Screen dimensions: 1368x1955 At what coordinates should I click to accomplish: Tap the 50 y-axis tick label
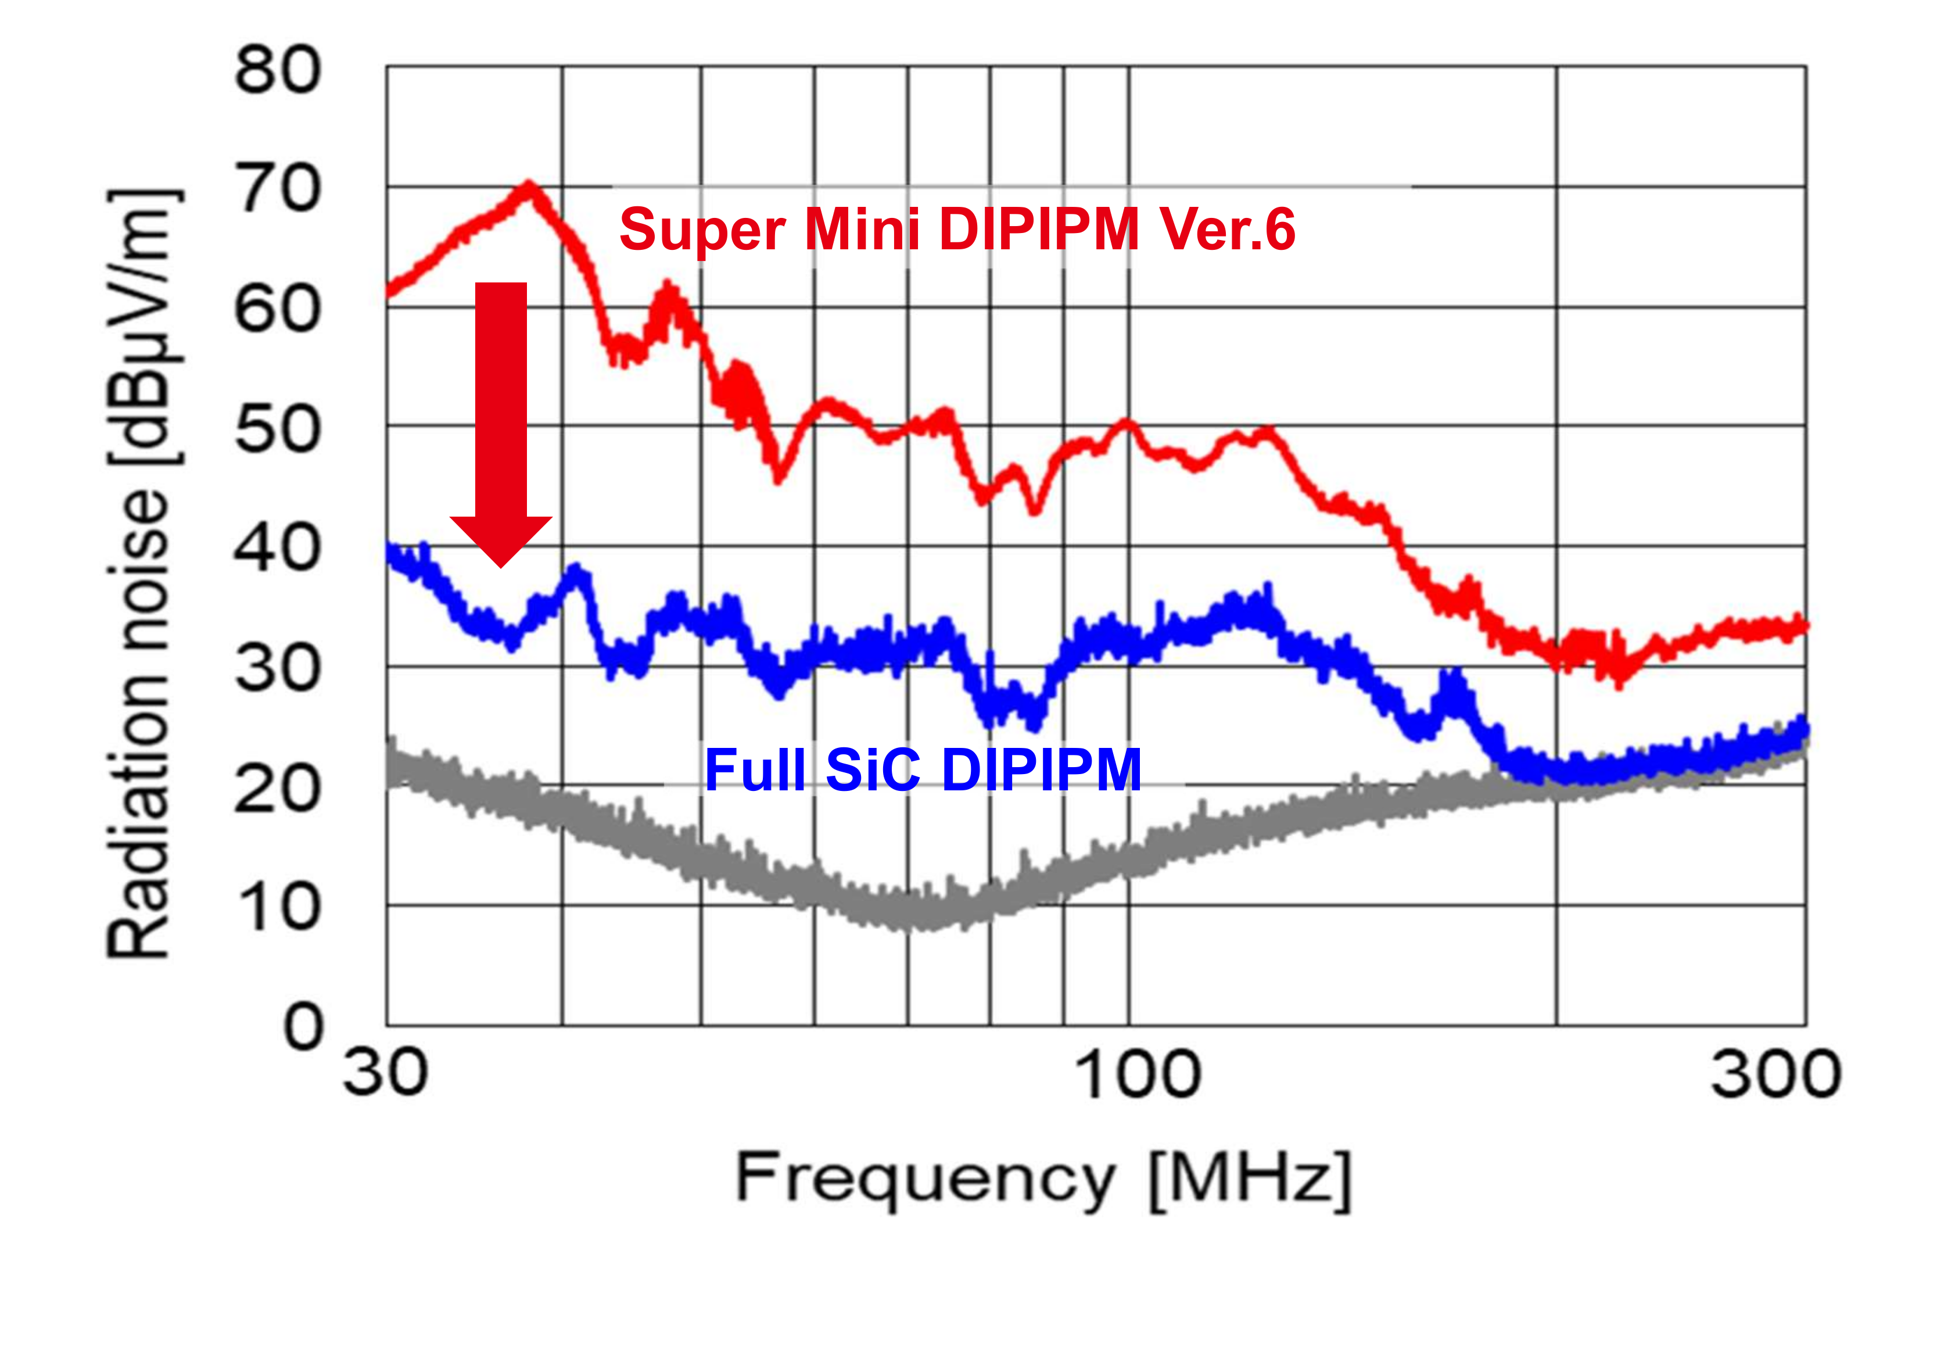[x=278, y=430]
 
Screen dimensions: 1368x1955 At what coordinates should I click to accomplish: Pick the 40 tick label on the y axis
[x=278, y=549]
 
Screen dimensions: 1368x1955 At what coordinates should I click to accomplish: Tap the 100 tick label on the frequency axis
[x=1138, y=1075]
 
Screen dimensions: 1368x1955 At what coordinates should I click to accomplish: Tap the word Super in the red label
[x=702, y=231]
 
